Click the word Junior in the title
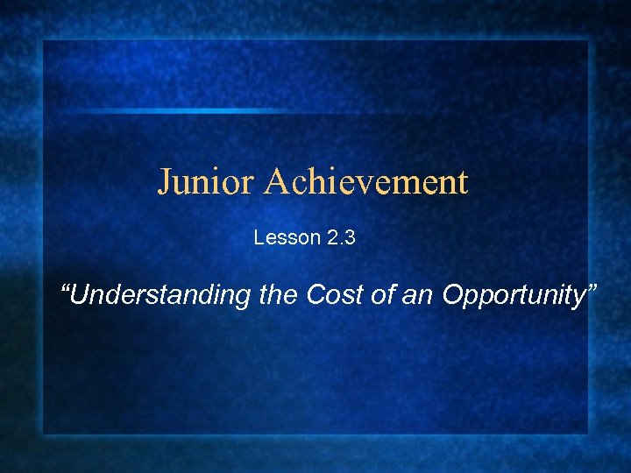coord(207,182)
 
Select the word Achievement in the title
coord(366,182)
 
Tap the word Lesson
coord(281,237)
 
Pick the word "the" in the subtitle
coord(280,296)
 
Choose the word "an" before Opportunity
coord(418,296)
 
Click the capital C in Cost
coord(315,296)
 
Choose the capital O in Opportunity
coord(452,296)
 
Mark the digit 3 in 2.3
coord(349,237)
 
